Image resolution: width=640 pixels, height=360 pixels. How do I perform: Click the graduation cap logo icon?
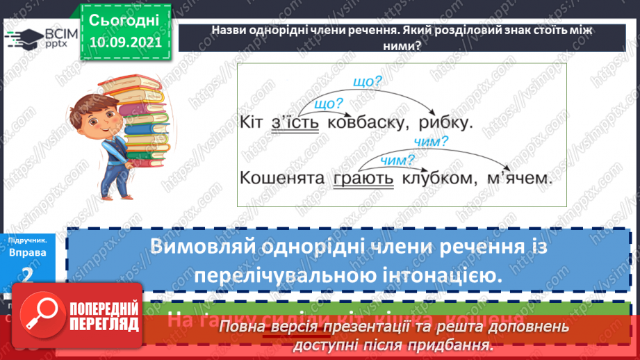coord(25,37)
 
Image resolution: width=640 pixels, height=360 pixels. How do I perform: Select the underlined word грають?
coord(363,178)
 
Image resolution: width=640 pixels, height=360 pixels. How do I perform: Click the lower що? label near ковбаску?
coord(329,105)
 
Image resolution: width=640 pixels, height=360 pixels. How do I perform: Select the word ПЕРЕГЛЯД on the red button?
coord(104,324)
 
